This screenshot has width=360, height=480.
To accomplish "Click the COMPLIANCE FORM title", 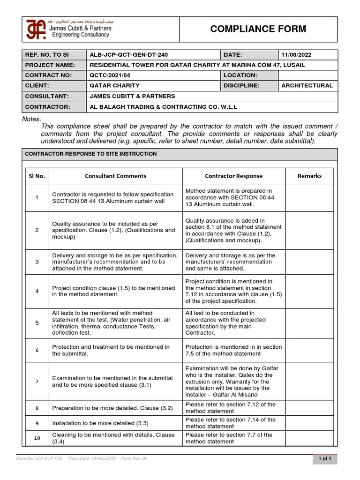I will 258,29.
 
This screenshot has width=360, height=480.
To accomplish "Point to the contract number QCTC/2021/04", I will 110,75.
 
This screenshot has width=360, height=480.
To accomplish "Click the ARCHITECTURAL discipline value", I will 307,85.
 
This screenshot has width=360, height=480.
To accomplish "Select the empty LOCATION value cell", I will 307,75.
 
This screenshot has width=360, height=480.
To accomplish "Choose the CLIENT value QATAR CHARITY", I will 114,85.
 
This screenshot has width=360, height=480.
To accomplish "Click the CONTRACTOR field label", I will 47,107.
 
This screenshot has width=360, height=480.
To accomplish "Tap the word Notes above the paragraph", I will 32,119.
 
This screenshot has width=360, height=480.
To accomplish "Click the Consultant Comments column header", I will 115,176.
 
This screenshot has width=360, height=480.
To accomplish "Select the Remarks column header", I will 309,176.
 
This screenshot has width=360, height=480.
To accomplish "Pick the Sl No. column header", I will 36,176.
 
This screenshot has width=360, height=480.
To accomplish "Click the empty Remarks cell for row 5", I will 309,322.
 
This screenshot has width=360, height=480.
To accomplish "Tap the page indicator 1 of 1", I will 324,459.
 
